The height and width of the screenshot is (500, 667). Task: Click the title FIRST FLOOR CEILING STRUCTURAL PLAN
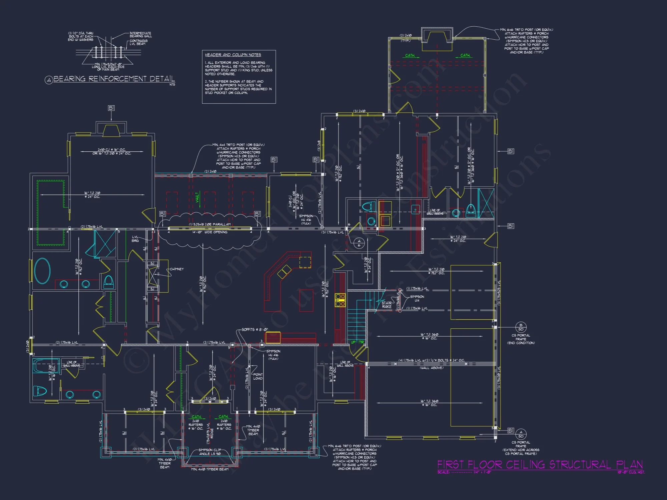click(x=540, y=465)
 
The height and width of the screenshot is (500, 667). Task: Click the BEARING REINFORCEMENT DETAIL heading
click(x=114, y=79)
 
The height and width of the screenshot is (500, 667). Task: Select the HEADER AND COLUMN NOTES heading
click(x=233, y=55)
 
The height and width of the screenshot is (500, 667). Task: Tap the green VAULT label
click(x=197, y=197)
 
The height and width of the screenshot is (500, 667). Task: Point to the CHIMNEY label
click(x=177, y=269)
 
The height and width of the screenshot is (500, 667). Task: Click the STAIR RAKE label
click(x=387, y=305)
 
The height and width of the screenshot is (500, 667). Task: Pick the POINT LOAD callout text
click(x=258, y=376)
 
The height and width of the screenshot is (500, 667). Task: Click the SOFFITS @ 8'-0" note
click(x=254, y=329)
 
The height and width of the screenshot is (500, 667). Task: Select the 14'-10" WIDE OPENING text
click(x=210, y=232)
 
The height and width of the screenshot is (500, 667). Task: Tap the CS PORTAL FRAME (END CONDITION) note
click(x=521, y=339)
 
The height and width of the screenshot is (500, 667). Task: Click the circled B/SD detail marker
click(x=521, y=327)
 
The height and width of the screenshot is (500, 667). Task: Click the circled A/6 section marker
click(x=359, y=243)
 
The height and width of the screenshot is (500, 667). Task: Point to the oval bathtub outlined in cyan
click(x=42, y=271)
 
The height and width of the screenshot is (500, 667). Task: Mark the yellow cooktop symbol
click(x=340, y=300)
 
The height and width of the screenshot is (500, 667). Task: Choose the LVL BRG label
click(x=135, y=239)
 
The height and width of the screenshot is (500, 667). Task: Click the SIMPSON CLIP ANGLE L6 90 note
click(x=209, y=452)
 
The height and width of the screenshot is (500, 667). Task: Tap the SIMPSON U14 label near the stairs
click(x=417, y=298)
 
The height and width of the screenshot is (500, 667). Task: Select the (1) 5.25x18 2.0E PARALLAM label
click(x=210, y=224)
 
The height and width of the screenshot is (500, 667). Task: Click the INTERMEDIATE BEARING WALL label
click(x=140, y=35)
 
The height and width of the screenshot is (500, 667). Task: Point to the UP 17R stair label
click(x=357, y=342)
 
